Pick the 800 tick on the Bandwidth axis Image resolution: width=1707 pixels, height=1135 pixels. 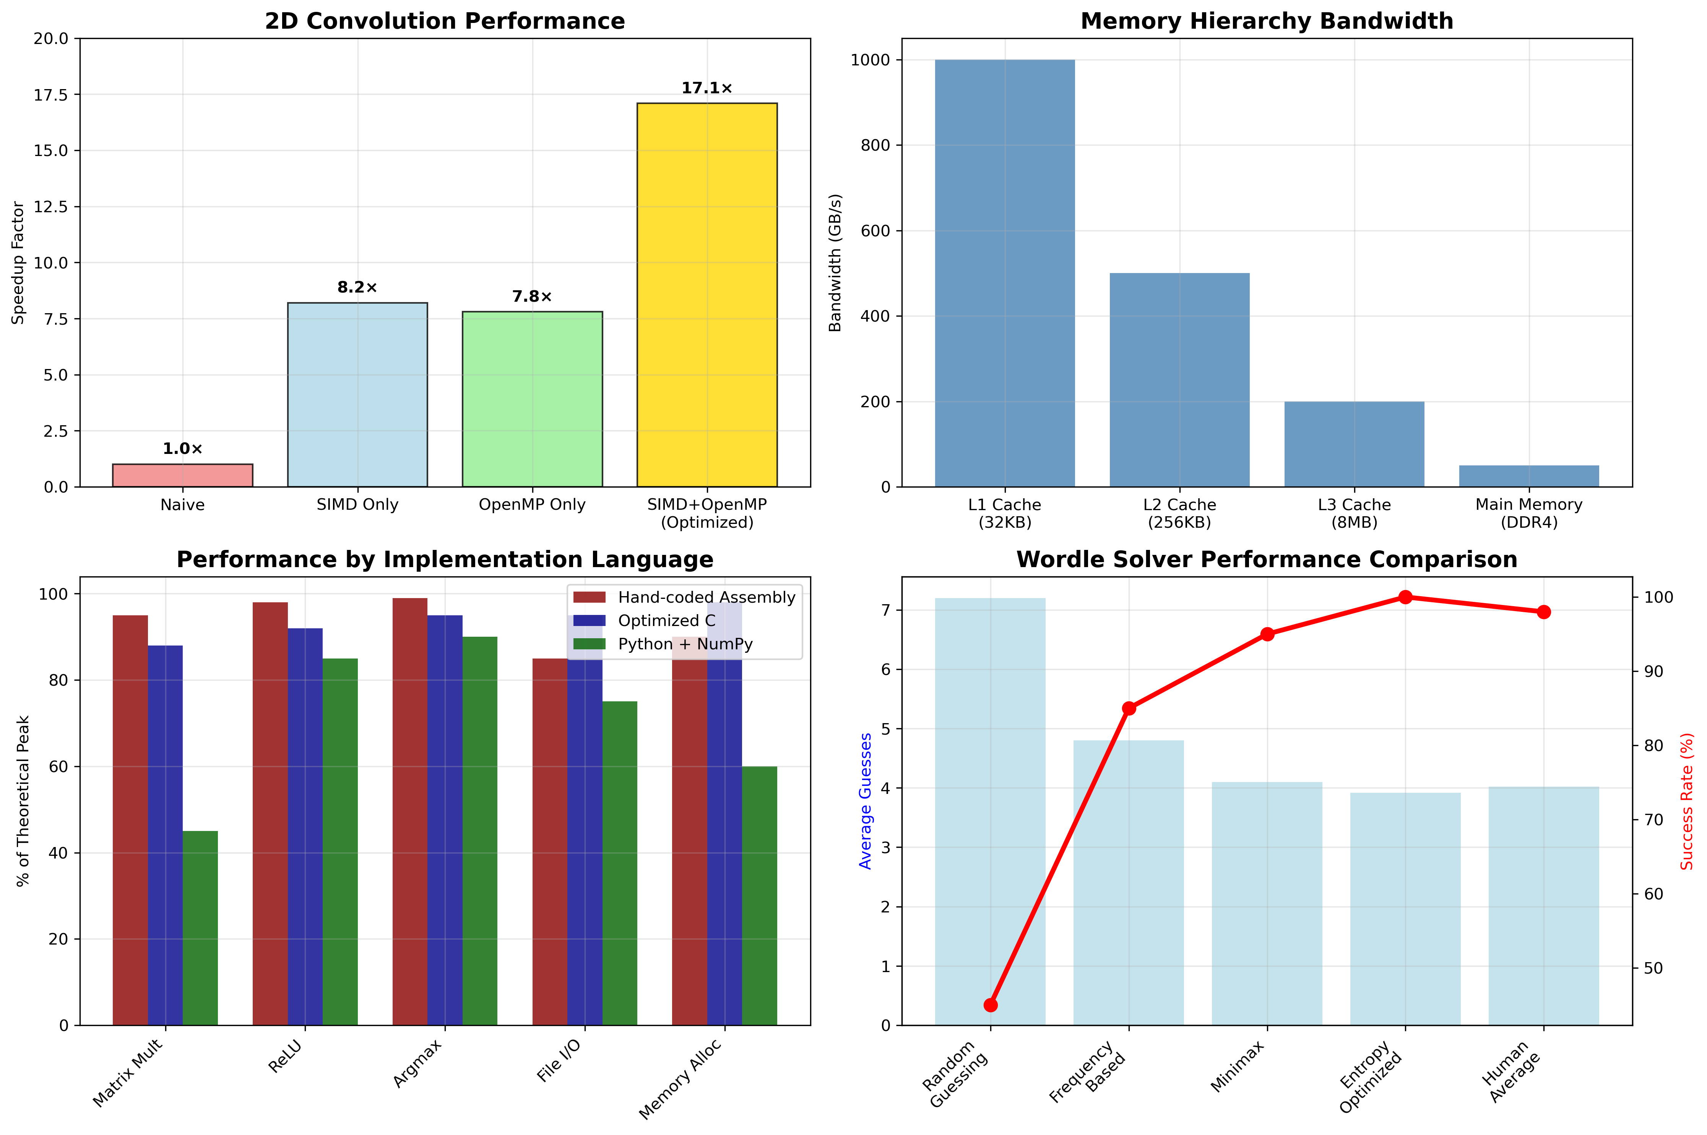pyautogui.click(x=875, y=145)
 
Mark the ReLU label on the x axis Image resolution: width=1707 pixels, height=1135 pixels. pyautogui.click(x=284, y=1057)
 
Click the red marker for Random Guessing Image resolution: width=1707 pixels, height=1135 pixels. pyautogui.click(x=991, y=1005)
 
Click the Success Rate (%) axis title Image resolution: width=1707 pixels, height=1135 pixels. pyautogui.click(x=1687, y=801)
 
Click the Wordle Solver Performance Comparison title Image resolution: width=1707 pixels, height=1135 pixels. pyautogui.click(x=1266, y=559)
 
